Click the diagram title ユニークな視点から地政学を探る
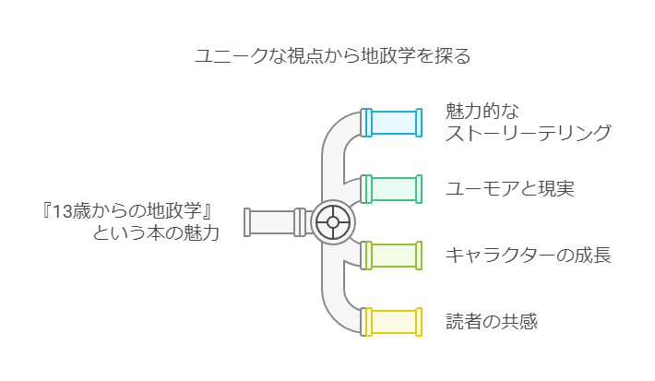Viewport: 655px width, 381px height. pos(333,56)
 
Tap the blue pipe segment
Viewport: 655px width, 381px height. pos(391,123)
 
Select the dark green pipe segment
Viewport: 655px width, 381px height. pos(391,189)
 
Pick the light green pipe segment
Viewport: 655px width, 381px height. pos(391,256)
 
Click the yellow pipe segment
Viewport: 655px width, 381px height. pos(391,322)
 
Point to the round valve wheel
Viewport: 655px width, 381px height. pos(333,222)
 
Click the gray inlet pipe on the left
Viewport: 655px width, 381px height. pos(275,222)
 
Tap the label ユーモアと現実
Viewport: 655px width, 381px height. pos(510,189)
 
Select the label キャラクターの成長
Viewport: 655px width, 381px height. pos(529,256)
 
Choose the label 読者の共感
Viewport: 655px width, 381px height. pos(492,322)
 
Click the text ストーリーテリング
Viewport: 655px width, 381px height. pos(529,133)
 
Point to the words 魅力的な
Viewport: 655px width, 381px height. pos(482,111)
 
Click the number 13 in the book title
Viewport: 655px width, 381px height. pos(62,212)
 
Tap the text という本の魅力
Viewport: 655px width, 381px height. pos(156,233)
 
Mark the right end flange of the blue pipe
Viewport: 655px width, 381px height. pos(419,123)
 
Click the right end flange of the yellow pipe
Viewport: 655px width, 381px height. pos(419,322)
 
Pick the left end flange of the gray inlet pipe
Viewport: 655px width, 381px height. pos(247,222)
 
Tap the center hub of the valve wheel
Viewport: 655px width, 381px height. pos(333,222)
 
